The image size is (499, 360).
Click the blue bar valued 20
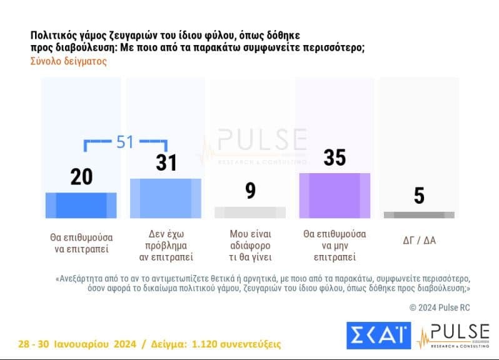pos(81,205)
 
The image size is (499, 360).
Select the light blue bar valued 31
pos(165,198)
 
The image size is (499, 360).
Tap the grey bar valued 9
pos(249,212)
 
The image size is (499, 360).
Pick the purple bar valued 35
pos(335,195)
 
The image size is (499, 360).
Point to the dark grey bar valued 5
pos(419,215)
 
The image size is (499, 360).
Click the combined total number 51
pos(125,142)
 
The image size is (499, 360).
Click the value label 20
pos(81,177)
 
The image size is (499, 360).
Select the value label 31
pos(165,162)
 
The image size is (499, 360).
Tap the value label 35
pos(335,157)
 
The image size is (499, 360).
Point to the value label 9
pos(250,190)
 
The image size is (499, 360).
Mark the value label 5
pos(419,196)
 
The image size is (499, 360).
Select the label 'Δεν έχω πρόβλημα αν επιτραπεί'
pos(165,245)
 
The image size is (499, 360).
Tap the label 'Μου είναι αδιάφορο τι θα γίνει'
pos(250,245)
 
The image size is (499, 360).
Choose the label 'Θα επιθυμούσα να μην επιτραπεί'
pos(335,245)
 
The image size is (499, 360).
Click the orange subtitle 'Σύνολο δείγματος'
pos(68,61)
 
